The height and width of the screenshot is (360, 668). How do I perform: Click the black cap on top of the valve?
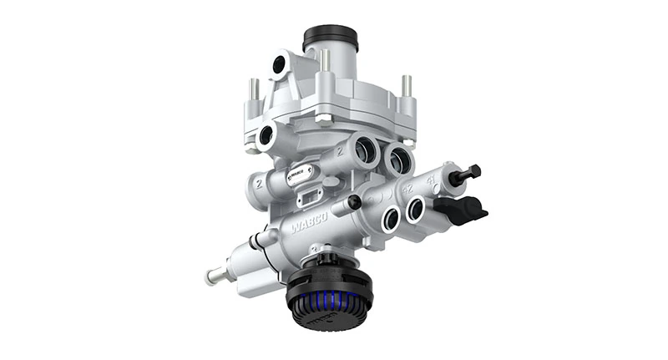tap(330, 38)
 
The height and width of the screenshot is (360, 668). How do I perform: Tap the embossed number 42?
tap(409, 189)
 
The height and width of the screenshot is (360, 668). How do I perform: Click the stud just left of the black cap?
tap(323, 60)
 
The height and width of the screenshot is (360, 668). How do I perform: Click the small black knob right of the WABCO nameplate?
tap(354, 202)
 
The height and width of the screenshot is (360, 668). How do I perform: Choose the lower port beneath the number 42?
tap(389, 219)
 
